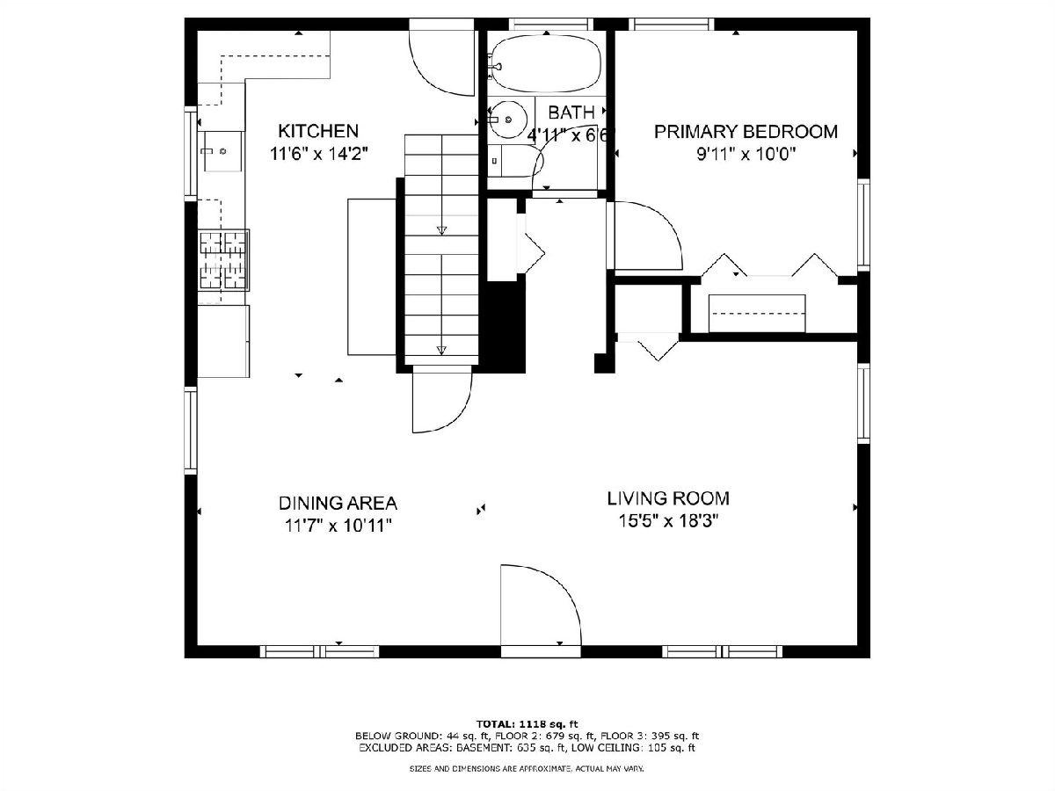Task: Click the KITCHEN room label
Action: (x=318, y=131)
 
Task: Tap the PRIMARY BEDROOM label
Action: (x=746, y=132)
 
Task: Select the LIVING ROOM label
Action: (x=668, y=498)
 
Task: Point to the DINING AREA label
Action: (x=338, y=503)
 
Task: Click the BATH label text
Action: (x=571, y=112)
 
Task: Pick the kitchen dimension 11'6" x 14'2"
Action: (x=318, y=154)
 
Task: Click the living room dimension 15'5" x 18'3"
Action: (x=668, y=521)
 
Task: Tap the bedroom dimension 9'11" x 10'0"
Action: (x=746, y=154)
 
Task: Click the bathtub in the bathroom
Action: (x=547, y=64)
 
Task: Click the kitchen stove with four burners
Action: (x=223, y=260)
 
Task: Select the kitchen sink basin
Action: (x=222, y=151)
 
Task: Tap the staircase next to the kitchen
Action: (x=441, y=250)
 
